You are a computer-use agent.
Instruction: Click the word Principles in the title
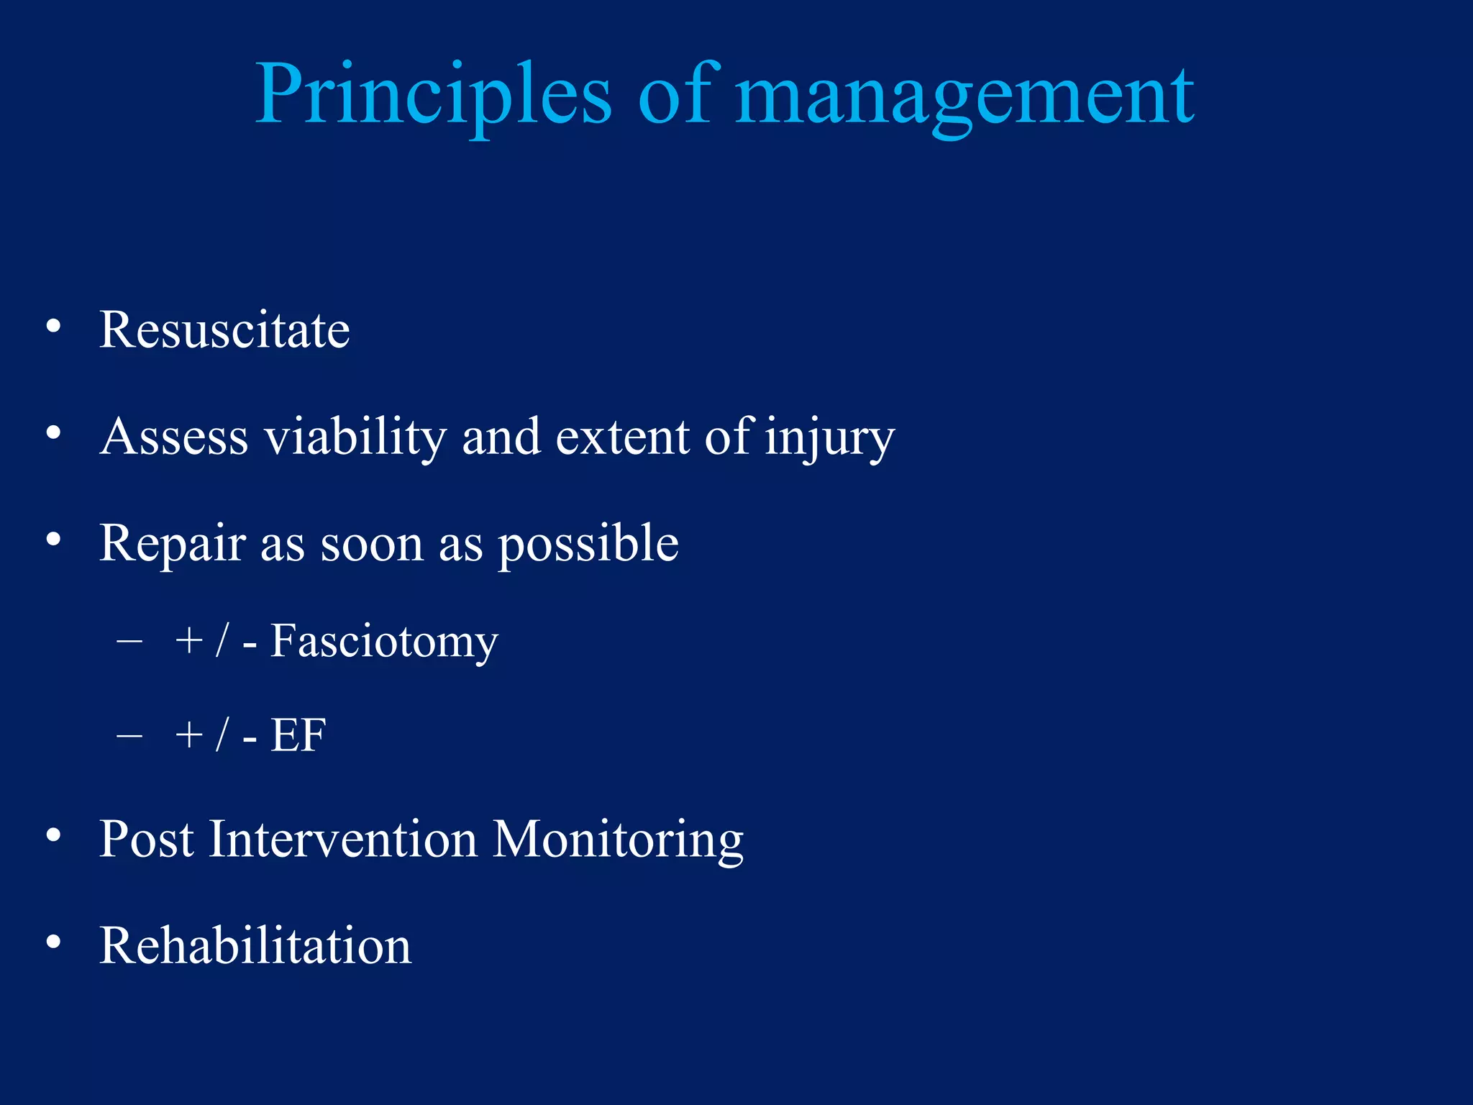(x=433, y=95)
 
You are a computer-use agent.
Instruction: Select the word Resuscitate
(x=224, y=330)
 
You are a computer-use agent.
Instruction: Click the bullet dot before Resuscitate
(x=53, y=327)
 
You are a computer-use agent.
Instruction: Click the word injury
(x=829, y=437)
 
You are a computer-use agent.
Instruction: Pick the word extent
(x=622, y=437)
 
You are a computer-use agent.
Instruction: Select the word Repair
(x=173, y=544)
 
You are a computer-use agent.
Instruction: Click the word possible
(x=588, y=544)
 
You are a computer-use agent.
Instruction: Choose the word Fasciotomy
(x=383, y=641)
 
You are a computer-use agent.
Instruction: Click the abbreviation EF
(x=298, y=735)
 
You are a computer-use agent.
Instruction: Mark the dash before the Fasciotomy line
(x=129, y=640)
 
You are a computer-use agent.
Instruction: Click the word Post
(x=147, y=840)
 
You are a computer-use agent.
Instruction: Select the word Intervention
(x=343, y=840)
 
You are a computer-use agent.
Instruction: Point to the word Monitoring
(x=618, y=840)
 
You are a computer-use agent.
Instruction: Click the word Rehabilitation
(x=255, y=946)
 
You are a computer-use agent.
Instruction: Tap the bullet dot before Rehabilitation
(x=53, y=942)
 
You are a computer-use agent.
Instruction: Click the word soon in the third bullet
(x=372, y=544)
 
